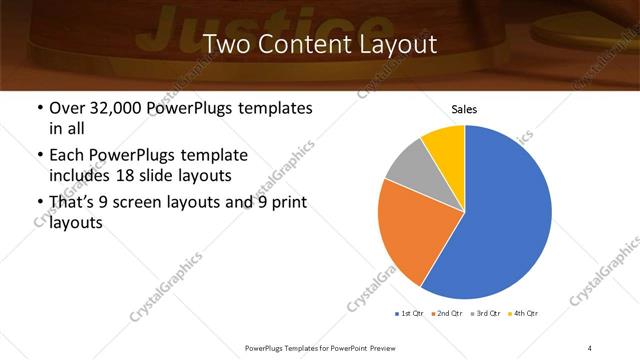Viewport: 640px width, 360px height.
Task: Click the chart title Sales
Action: (x=464, y=108)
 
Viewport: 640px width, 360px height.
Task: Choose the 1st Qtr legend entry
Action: (x=409, y=314)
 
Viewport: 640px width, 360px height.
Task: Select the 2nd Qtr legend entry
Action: (x=447, y=314)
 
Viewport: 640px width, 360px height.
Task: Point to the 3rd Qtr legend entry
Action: (x=486, y=314)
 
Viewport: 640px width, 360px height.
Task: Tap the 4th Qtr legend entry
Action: (x=524, y=314)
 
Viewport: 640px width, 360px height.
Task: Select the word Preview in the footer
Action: (x=381, y=347)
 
